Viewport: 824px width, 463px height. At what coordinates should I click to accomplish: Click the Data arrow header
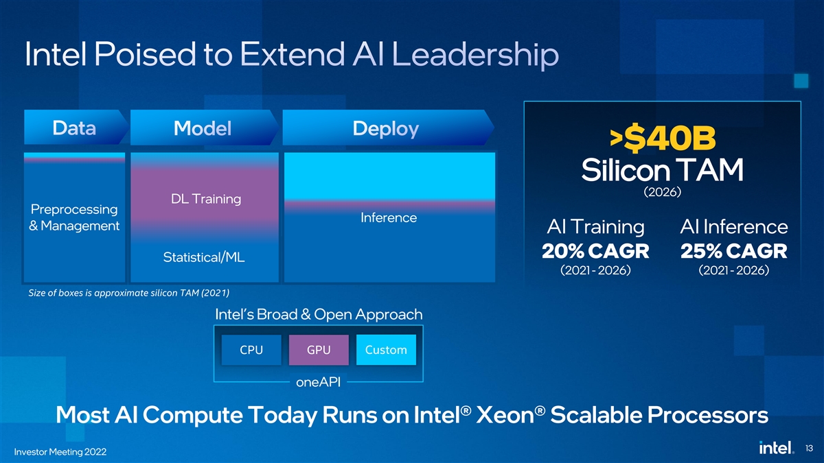(76, 127)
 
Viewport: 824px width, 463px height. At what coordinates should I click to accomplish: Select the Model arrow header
(204, 127)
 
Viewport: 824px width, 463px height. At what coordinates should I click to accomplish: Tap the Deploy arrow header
(388, 128)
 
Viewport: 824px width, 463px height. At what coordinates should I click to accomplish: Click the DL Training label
(206, 199)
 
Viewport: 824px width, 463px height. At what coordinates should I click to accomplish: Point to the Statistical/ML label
(204, 257)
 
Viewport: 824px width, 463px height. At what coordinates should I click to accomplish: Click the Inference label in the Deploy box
(389, 217)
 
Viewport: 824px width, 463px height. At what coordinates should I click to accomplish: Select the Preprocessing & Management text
(74, 217)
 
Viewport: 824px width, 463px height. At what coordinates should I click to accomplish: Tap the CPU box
(251, 349)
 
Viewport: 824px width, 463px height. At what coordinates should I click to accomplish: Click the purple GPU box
(319, 349)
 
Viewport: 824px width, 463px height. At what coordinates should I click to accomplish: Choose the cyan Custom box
(386, 349)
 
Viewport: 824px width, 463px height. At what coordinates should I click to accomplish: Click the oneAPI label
(318, 382)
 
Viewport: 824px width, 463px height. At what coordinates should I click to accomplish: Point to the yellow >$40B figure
(663, 138)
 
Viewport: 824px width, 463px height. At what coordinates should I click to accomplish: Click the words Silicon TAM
(662, 170)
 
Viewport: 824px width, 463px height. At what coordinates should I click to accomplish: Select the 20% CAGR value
(595, 251)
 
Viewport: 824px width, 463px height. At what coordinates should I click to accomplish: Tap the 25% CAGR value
(734, 251)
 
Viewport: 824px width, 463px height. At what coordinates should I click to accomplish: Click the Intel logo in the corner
(776, 447)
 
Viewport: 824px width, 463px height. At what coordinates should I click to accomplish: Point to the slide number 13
(809, 449)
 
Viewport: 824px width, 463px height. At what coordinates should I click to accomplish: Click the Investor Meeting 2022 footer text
(60, 451)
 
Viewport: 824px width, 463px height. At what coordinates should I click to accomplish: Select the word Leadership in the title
(475, 55)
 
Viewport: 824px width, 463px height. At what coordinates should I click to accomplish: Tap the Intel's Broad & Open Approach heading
(319, 315)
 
